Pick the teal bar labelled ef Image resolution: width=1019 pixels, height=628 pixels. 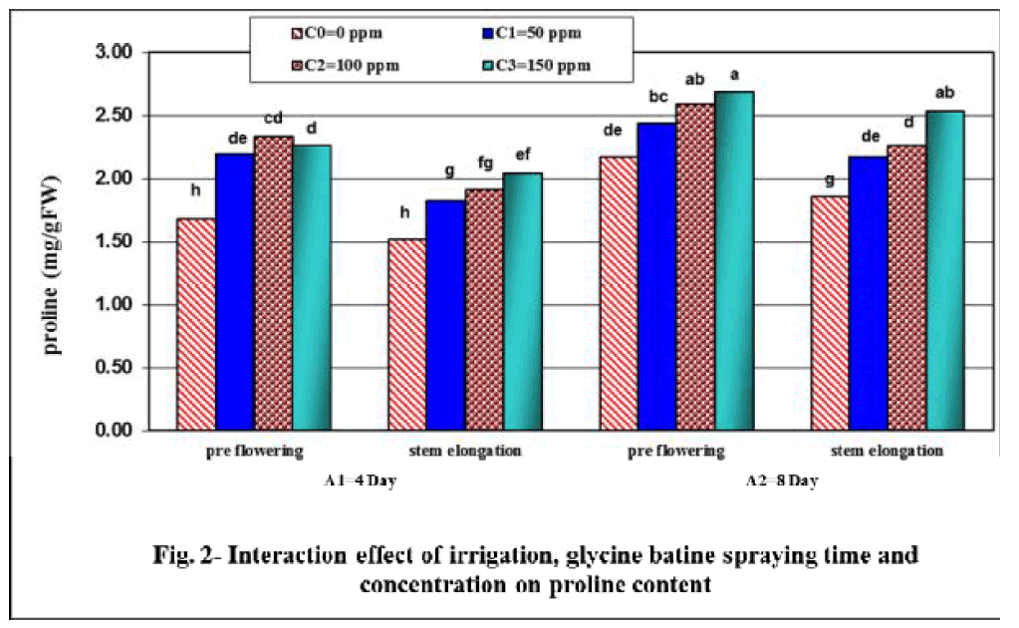click(x=522, y=302)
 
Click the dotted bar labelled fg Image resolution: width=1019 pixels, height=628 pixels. click(x=483, y=310)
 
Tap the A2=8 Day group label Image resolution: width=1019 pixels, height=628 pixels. click(x=783, y=481)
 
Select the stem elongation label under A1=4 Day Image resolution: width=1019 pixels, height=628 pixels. click(x=467, y=451)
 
